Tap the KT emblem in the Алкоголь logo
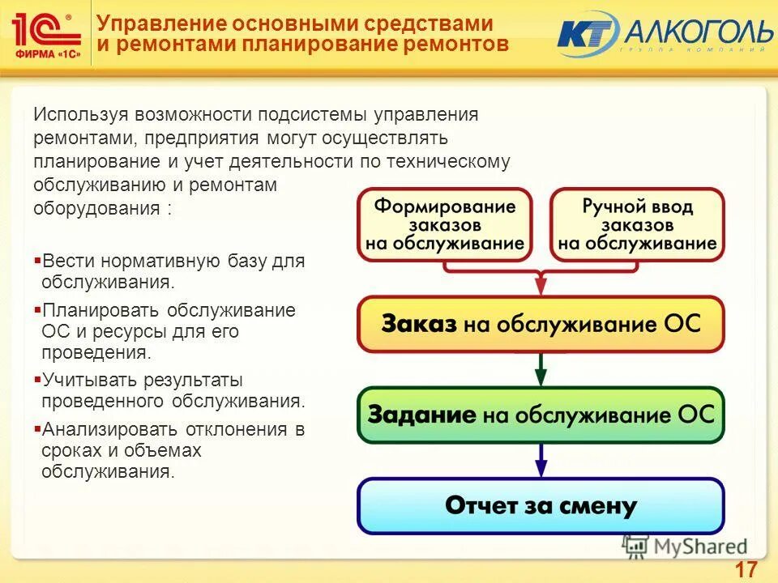[x=585, y=34]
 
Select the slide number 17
[x=746, y=568]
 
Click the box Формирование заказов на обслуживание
[x=445, y=224]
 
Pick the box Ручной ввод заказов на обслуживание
[x=637, y=224]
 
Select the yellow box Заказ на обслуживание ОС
[x=541, y=324]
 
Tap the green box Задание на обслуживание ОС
[x=541, y=415]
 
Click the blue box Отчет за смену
[x=541, y=506]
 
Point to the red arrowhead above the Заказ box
[x=541, y=284]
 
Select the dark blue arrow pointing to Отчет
[x=541, y=462]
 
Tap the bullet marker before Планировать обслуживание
[x=37, y=310]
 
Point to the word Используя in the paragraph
[x=80, y=115]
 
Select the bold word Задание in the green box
[x=421, y=415]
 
